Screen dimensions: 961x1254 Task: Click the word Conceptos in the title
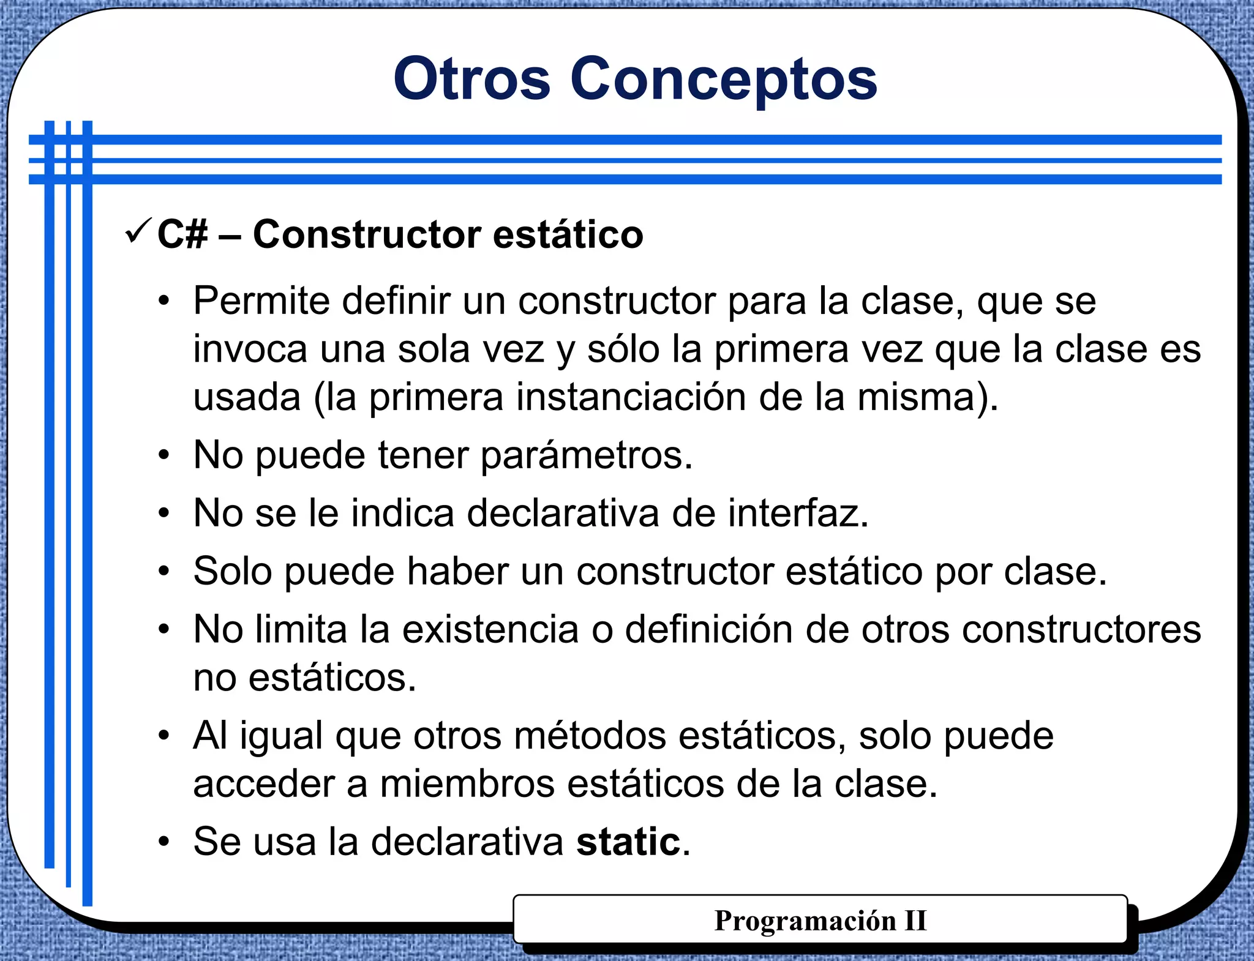[x=724, y=80]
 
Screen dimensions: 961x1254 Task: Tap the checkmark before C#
[x=137, y=231]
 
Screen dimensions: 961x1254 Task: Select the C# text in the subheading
[x=182, y=234]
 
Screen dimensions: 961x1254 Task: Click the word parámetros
[x=586, y=455]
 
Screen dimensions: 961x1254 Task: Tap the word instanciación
[x=631, y=397]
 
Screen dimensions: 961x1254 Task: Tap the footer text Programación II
[x=820, y=921]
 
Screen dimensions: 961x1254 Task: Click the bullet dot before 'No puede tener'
[x=163, y=455]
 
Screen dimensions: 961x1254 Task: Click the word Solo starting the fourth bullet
[x=233, y=571]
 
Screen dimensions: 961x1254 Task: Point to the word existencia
[x=490, y=629]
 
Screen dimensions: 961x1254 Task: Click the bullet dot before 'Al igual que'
[x=163, y=735]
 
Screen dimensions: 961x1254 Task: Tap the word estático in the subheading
[x=568, y=234]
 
